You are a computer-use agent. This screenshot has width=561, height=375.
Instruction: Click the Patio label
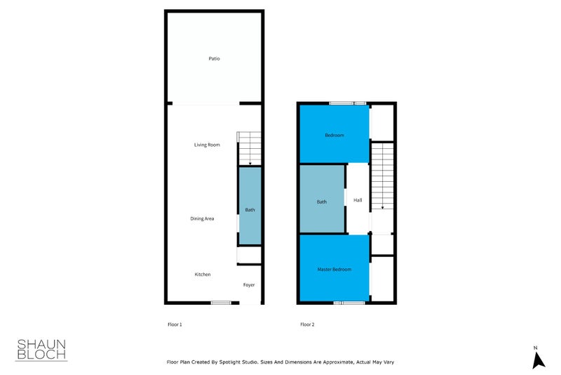(214, 58)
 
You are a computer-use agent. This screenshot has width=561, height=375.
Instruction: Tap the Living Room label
(207, 145)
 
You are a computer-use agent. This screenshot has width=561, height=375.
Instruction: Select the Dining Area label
(202, 219)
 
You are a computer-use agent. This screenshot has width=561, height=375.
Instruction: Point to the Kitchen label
(202, 274)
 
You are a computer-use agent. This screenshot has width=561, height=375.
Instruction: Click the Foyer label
(249, 285)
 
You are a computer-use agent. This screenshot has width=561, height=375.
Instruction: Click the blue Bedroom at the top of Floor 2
(334, 135)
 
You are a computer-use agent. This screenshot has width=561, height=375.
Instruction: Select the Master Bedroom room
(334, 269)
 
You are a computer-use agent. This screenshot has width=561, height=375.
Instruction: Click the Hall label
(358, 200)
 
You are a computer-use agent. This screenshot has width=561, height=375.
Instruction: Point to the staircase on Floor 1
(249, 147)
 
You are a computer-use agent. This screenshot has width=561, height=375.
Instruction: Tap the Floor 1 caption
(175, 324)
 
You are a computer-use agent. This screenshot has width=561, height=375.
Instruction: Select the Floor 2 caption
(307, 324)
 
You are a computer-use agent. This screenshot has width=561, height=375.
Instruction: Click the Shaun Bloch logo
(41, 349)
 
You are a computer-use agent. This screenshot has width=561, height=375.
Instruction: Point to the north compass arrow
(538, 359)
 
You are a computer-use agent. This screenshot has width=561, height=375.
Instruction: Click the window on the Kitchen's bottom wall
(221, 303)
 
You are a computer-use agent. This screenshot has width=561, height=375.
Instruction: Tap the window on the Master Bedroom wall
(349, 303)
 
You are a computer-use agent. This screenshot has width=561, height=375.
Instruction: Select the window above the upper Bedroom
(348, 104)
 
